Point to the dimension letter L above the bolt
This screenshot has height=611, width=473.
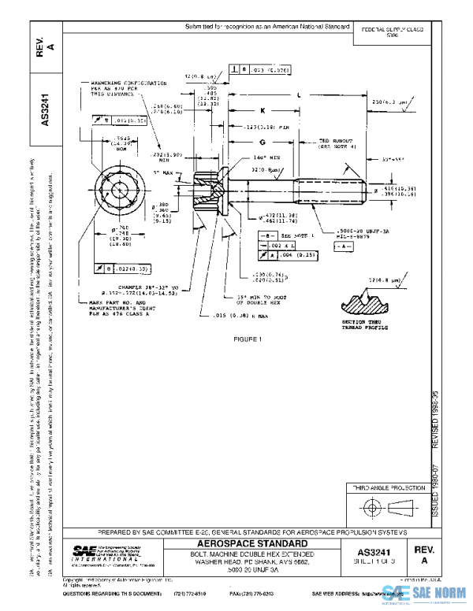300,95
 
